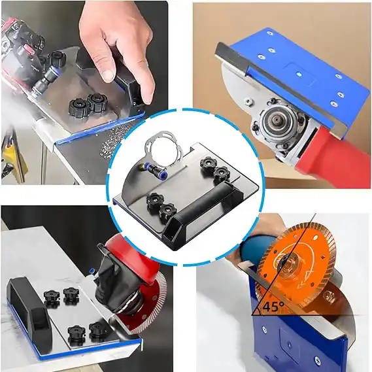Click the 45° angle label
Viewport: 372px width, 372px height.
tap(273, 307)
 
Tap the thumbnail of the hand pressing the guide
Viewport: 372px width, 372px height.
tap(84, 93)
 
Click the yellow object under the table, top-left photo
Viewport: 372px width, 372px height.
tap(12, 152)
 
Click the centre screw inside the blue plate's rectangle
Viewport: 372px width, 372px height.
tap(299, 75)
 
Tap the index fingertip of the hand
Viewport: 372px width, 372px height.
tap(107, 76)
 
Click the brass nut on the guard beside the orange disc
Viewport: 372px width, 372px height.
tap(328, 296)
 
